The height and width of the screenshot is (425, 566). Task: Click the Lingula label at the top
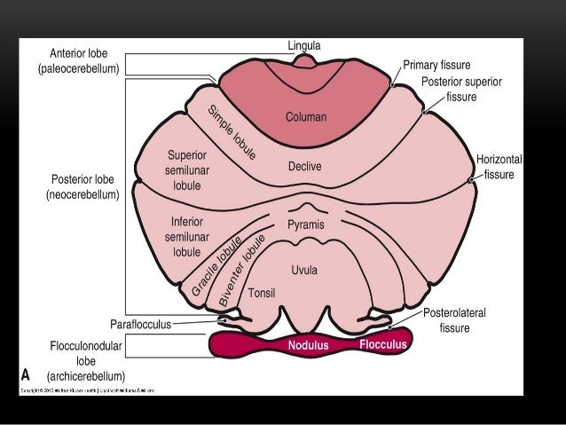(x=304, y=45)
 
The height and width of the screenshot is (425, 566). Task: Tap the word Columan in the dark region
(x=306, y=116)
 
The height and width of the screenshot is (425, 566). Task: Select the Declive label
(x=304, y=166)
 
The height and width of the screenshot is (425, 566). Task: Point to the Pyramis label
(x=306, y=225)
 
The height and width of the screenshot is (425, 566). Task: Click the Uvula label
(x=304, y=269)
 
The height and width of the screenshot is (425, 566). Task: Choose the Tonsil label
(x=260, y=292)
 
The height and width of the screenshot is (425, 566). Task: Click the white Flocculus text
(x=383, y=343)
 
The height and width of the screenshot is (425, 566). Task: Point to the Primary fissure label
(x=436, y=66)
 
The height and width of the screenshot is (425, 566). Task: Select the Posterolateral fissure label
(x=454, y=320)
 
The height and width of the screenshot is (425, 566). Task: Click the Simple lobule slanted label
(x=232, y=132)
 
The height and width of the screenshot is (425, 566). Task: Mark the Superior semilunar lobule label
(x=187, y=170)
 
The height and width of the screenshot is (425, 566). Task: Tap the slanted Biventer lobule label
(x=242, y=271)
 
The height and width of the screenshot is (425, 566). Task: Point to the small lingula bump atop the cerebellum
(x=304, y=61)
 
